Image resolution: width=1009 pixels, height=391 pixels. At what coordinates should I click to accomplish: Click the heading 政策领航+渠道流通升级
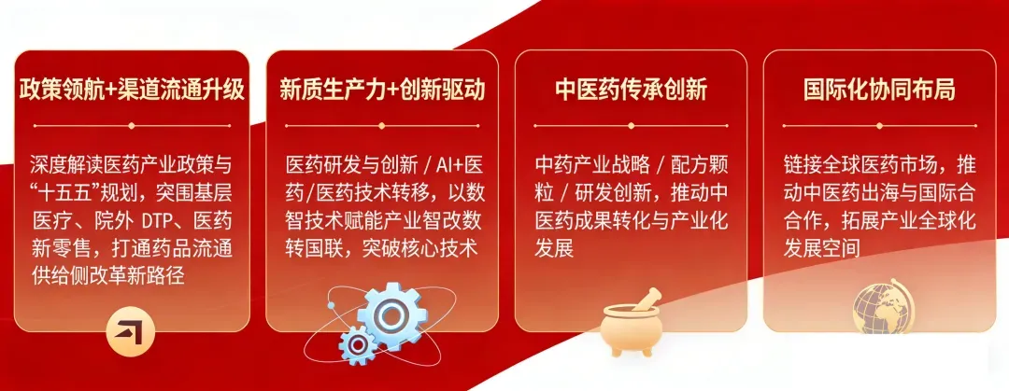pyautogui.click(x=132, y=91)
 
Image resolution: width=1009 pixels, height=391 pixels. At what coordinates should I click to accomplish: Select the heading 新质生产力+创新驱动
pyautogui.click(x=382, y=91)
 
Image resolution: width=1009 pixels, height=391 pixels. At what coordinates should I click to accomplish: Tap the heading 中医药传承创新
pyautogui.click(x=632, y=91)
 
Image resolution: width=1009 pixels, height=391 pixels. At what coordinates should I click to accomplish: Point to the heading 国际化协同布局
pyautogui.click(x=880, y=91)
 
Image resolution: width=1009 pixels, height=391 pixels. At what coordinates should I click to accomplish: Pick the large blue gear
pyautogui.click(x=391, y=314)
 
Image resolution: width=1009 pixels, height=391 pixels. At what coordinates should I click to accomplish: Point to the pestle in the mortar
pyautogui.click(x=646, y=300)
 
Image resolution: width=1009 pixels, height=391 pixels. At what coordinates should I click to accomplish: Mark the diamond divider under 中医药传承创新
pyautogui.click(x=632, y=126)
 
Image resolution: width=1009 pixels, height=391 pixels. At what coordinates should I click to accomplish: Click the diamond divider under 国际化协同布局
pyautogui.click(x=880, y=126)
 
